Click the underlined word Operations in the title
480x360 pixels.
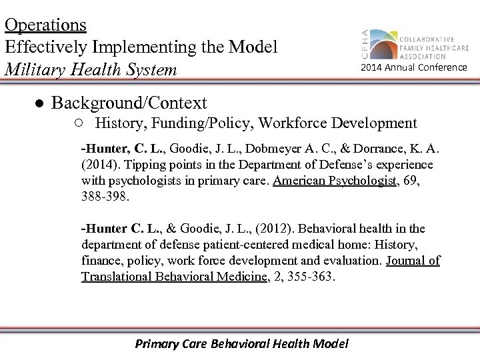point(45,25)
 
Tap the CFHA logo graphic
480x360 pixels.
point(383,45)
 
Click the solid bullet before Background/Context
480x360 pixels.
point(40,104)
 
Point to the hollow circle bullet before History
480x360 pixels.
point(79,123)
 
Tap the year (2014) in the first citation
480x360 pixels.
point(99,164)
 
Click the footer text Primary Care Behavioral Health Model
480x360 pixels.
point(241,344)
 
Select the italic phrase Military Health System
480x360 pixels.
point(91,69)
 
